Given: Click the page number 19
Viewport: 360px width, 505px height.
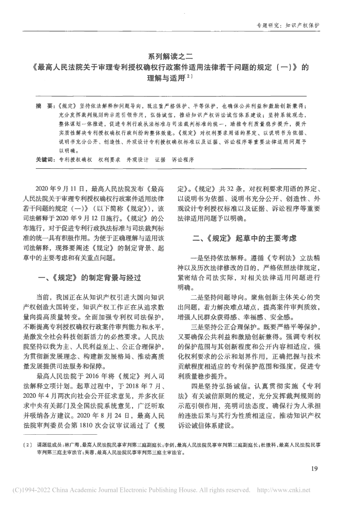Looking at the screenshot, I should coord(313,469).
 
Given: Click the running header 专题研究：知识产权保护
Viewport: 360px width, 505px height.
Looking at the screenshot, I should coord(289,25).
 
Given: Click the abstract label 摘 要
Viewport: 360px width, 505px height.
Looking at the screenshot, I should coord(44,108).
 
